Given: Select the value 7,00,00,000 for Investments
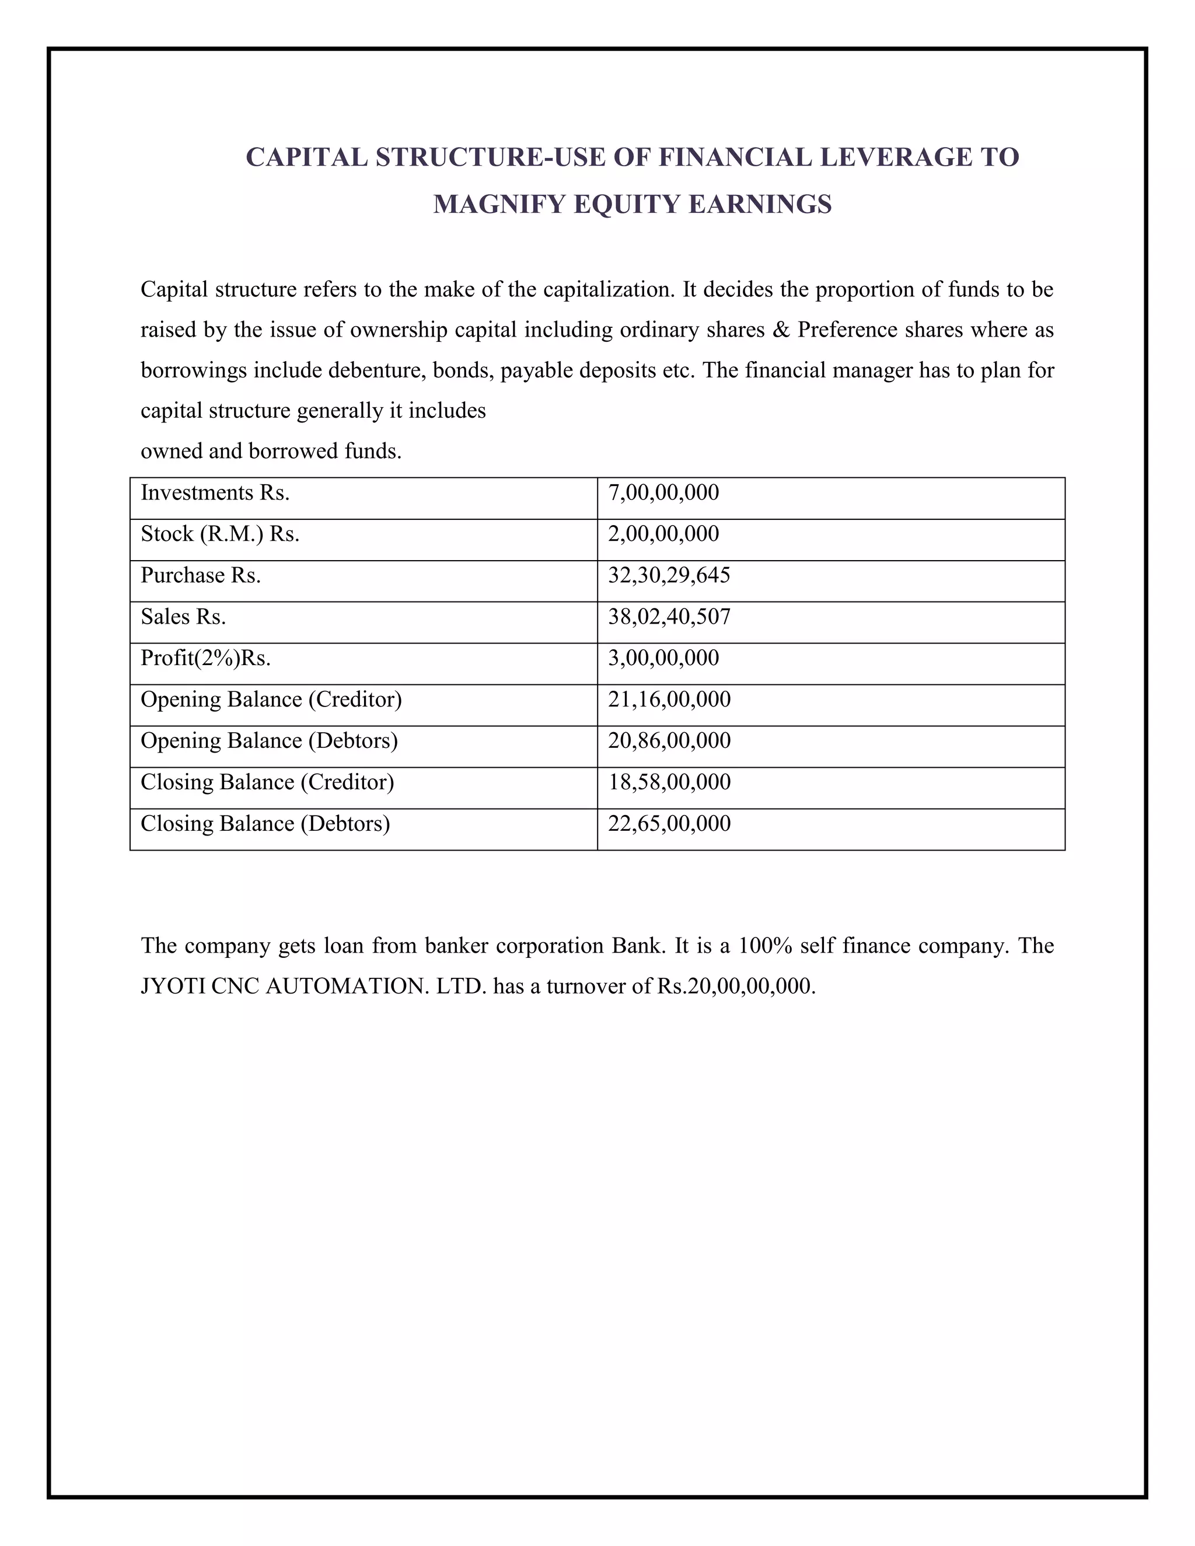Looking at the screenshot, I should pyautogui.click(x=663, y=493).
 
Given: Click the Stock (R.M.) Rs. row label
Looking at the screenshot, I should pyautogui.click(x=219, y=534).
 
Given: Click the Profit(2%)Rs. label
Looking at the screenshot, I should pyautogui.click(x=205, y=658).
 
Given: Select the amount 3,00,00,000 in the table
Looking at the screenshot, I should pyautogui.click(x=663, y=658).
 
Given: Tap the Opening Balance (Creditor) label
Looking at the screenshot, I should pyautogui.click(x=271, y=699).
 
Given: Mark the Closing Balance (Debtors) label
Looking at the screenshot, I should pyautogui.click(x=265, y=824).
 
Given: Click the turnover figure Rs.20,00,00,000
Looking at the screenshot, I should pyautogui.click(x=736, y=987).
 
